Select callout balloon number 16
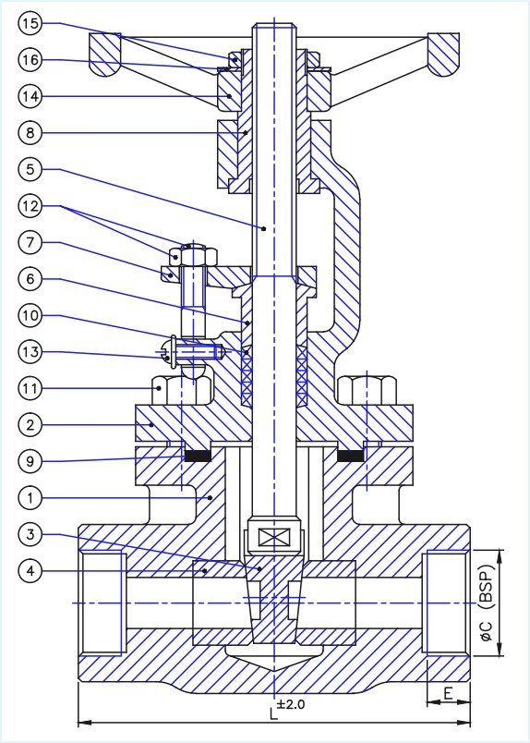click(x=30, y=58)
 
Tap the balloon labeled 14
click(x=30, y=94)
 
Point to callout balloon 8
click(x=30, y=132)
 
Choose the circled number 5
click(x=30, y=169)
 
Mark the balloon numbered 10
click(x=30, y=314)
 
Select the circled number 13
click(x=30, y=352)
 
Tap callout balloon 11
click(x=30, y=389)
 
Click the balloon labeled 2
click(x=30, y=424)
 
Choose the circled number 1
click(x=30, y=497)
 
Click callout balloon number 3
click(x=30, y=535)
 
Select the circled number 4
click(x=30, y=572)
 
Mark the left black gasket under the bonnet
click(x=194, y=455)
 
